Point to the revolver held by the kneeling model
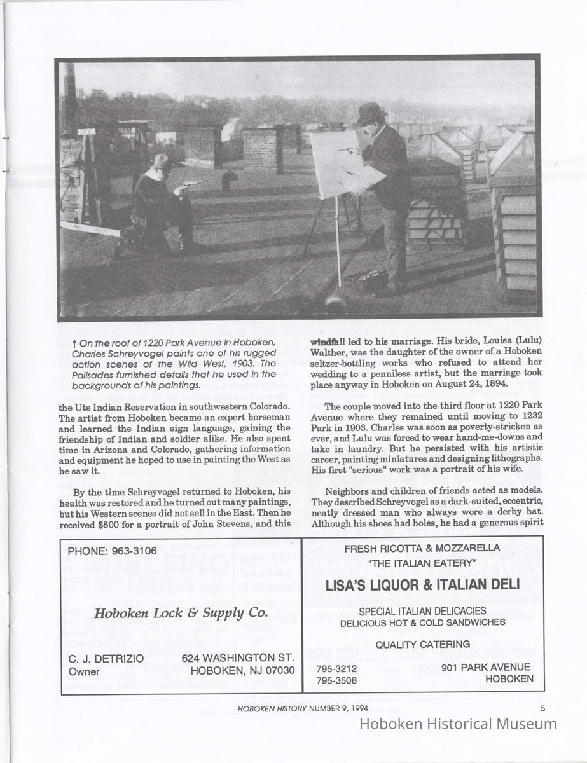click(191, 184)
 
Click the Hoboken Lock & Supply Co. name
click(180, 613)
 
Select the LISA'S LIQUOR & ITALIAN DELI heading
click(422, 583)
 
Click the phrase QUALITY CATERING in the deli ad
click(422, 644)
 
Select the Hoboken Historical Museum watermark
click(458, 724)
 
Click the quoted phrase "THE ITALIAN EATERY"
click(422, 563)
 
